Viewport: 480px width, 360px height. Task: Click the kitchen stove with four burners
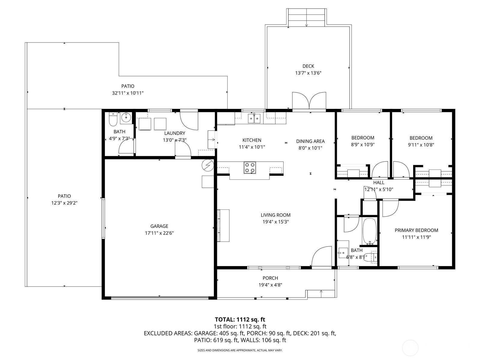click(x=250, y=167)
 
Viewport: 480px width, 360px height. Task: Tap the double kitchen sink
click(x=254, y=118)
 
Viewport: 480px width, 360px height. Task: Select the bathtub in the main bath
click(x=369, y=231)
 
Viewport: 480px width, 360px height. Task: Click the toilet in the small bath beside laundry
click(x=113, y=119)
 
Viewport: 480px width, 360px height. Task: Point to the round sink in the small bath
click(x=126, y=118)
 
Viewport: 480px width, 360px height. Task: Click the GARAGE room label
click(x=159, y=226)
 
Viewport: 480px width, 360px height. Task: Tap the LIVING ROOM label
click(x=275, y=215)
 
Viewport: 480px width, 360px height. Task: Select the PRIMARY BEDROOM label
click(x=416, y=230)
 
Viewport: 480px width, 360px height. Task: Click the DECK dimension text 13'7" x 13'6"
click(x=308, y=73)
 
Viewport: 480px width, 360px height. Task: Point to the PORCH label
click(x=270, y=278)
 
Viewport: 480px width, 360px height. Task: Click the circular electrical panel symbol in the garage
click(x=208, y=165)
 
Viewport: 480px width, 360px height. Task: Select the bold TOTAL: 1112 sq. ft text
click(x=240, y=319)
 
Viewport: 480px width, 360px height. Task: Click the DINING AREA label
click(x=310, y=141)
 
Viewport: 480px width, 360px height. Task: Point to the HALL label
click(x=379, y=182)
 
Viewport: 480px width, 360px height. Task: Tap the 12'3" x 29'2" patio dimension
click(x=64, y=203)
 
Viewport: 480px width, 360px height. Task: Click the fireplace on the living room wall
click(x=223, y=226)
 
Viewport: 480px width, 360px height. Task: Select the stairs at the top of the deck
click(x=306, y=17)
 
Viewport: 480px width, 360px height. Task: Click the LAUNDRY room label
click(x=175, y=133)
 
